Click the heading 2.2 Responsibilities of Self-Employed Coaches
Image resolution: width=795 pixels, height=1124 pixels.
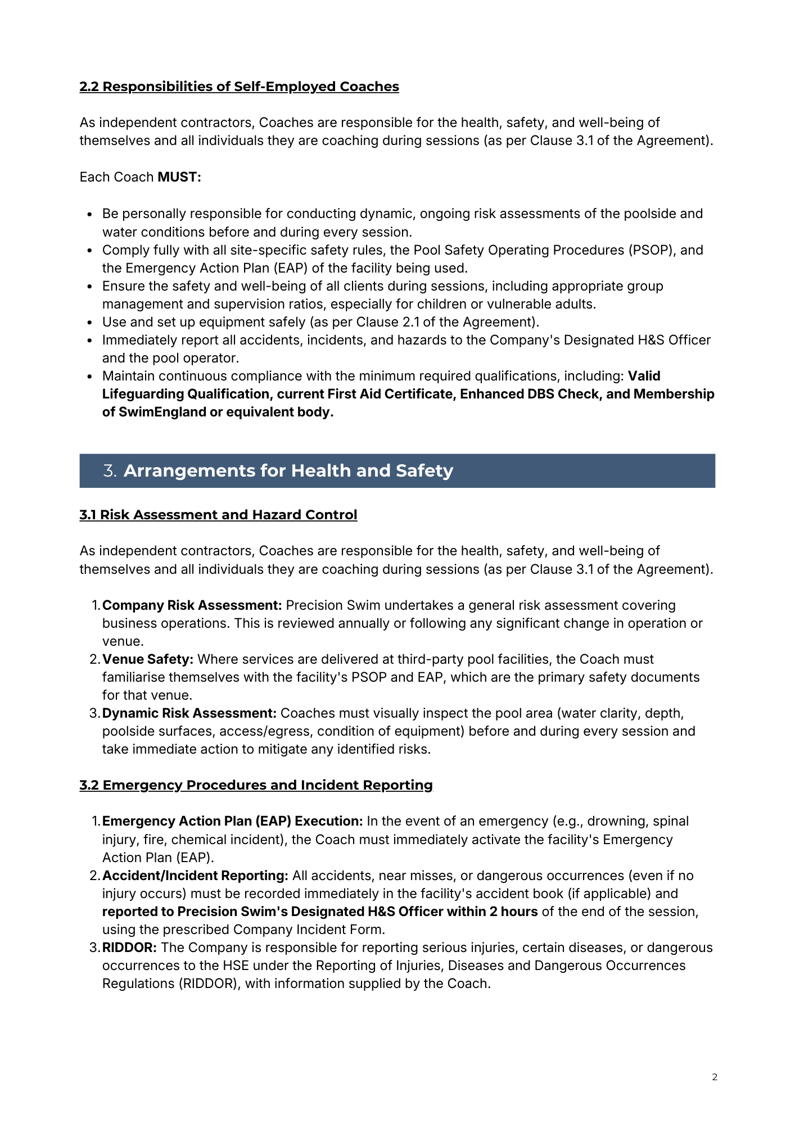pyautogui.click(x=239, y=87)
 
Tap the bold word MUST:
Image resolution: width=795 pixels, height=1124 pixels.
pyautogui.click(x=179, y=177)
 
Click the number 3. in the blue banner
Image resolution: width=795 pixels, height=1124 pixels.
pyautogui.click(x=110, y=471)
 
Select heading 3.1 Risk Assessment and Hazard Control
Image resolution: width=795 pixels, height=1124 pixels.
pyautogui.click(x=218, y=515)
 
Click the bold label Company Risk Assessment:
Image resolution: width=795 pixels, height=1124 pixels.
pyautogui.click(x=192, y=605)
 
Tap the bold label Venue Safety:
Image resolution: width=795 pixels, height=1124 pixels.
pyautogui.click(x=147, y=659)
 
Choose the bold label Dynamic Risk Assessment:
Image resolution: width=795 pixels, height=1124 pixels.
pyautogui.click(x=189, y=713)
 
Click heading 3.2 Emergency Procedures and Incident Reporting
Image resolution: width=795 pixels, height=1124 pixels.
pyautogui.click(x=256, y=785)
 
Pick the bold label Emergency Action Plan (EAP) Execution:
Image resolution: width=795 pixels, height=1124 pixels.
pyautogui.click(x=232, y=821)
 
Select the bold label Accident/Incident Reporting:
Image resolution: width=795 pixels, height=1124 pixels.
pyautogui.click(x=195, y=876)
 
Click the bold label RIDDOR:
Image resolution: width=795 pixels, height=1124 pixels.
pyautogui.click(x=129, y=948)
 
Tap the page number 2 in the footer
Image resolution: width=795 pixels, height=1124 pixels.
pyautogui.click(x=715, y=1077)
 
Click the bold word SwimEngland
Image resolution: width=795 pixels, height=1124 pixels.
pyautogui.click(x=162, y=412)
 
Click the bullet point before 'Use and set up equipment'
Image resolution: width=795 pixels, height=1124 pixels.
pyautogui.click(x=90, y=323)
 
